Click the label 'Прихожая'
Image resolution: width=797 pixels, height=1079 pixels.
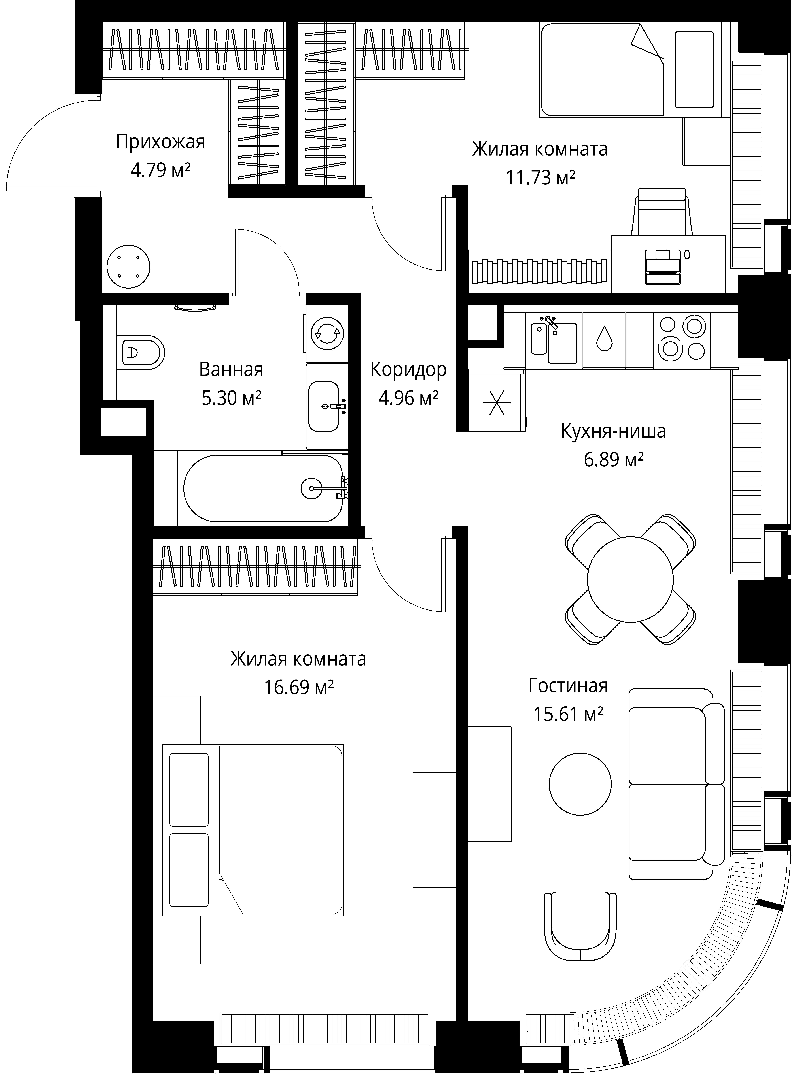click(161, 142)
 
